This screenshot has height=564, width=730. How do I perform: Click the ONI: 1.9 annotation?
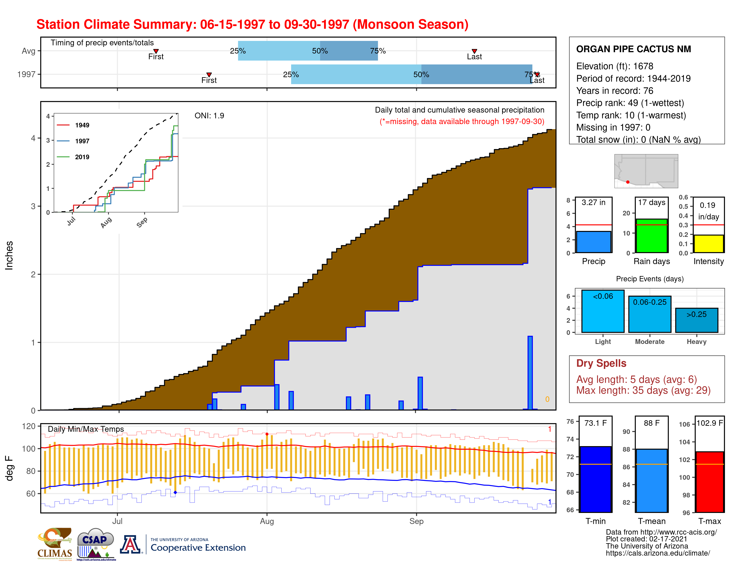[209, 116]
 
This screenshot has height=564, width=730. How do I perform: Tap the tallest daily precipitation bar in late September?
[530, 372]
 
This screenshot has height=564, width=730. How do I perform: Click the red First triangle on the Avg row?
[156, 51]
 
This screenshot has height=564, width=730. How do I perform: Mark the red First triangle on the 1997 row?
[209, 75]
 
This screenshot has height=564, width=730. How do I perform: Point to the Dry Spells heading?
[601, 363]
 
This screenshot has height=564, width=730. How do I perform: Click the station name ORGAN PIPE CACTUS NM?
[633, 49]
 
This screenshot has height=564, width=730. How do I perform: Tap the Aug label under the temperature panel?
[267, 521]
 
